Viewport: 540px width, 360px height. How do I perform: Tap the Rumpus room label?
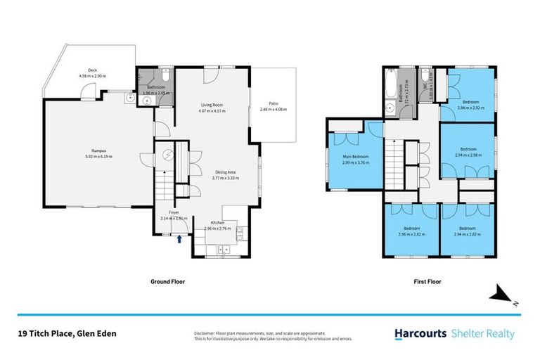pos(98,153)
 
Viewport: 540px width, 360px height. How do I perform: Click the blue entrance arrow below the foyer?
pos(180,239)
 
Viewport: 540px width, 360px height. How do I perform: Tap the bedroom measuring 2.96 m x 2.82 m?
pos(411,231)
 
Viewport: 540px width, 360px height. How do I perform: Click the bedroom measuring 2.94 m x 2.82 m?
pos(468,231)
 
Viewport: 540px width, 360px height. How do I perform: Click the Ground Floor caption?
pos(169,281)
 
